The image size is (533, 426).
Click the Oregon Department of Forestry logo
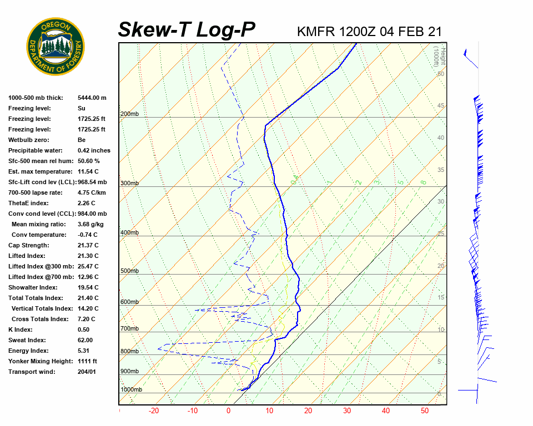point(56,47)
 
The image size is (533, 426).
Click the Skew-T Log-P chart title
point(187,30)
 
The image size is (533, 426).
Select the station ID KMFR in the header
point(316,31)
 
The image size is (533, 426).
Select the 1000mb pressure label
point(131,389)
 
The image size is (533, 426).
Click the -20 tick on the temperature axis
point(154,411)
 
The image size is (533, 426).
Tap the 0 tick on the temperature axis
point(228,411)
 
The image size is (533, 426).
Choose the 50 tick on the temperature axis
point(425,411)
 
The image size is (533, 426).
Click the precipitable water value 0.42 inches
point(94,150)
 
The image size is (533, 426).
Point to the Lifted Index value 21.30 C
point(88,256)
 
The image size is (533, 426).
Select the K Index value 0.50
point(84,329)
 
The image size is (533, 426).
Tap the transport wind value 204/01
point(87,372)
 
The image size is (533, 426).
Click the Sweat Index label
point(27,340)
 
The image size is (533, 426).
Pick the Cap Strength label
point(29,245)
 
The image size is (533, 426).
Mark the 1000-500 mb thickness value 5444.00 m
point(92,98)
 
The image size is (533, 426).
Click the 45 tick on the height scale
point(441,106)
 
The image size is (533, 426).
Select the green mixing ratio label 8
point(423,182)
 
